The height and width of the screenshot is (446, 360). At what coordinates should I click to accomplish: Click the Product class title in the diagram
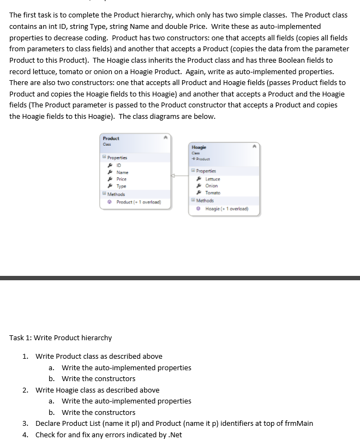(111, 138)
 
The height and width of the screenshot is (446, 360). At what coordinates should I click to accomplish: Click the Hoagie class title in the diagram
(199, 147)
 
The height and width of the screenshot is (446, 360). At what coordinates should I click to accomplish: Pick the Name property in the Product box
(122, 172)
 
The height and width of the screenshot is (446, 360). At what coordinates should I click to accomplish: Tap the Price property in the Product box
(122, 179)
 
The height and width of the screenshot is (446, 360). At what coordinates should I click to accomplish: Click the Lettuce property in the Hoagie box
(213, 179)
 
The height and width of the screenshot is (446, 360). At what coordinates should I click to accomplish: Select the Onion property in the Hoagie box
(212, 185)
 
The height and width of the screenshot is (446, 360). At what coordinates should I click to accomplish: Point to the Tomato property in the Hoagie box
(213, 192)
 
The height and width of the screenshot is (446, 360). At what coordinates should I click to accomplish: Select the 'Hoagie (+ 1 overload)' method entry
(226, 208)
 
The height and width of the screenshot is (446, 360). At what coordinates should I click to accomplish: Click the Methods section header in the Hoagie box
(205, 200)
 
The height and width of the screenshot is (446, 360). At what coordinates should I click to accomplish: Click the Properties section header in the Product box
(118, 158)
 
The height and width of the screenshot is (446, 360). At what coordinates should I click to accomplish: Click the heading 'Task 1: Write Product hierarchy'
(61, 338)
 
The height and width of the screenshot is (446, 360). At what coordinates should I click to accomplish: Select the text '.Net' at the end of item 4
(175, 435)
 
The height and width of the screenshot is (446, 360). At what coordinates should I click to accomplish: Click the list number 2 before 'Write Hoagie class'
(25, 390)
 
